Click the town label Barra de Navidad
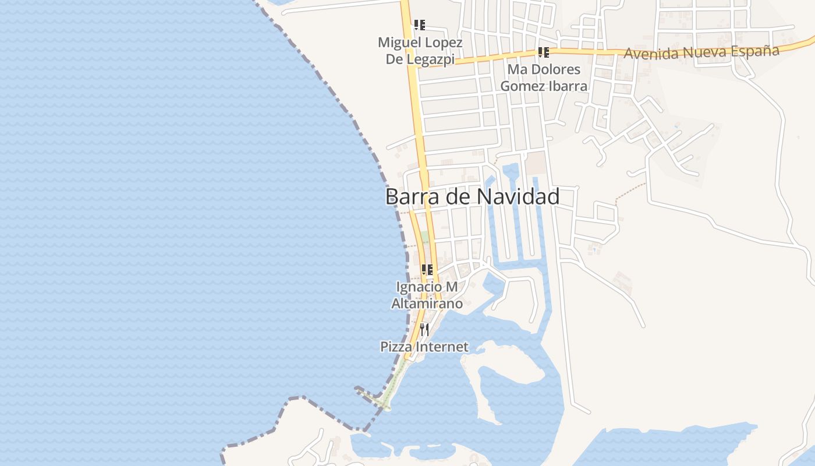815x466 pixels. [472, 196]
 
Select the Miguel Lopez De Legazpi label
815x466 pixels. [420, 51]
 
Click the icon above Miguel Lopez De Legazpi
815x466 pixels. [420, 24]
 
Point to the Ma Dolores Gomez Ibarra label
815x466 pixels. [544, 77]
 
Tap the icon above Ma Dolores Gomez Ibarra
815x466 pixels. [544, 52]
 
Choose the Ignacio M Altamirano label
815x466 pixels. [427, 295]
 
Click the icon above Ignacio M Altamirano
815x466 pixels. [427, 269]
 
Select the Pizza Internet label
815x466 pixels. [424, 347]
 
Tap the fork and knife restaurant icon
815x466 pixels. [424, 329]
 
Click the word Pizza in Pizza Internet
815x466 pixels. [394, 347]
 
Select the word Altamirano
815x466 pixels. [427, 303]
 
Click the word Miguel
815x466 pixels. [399, 43]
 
